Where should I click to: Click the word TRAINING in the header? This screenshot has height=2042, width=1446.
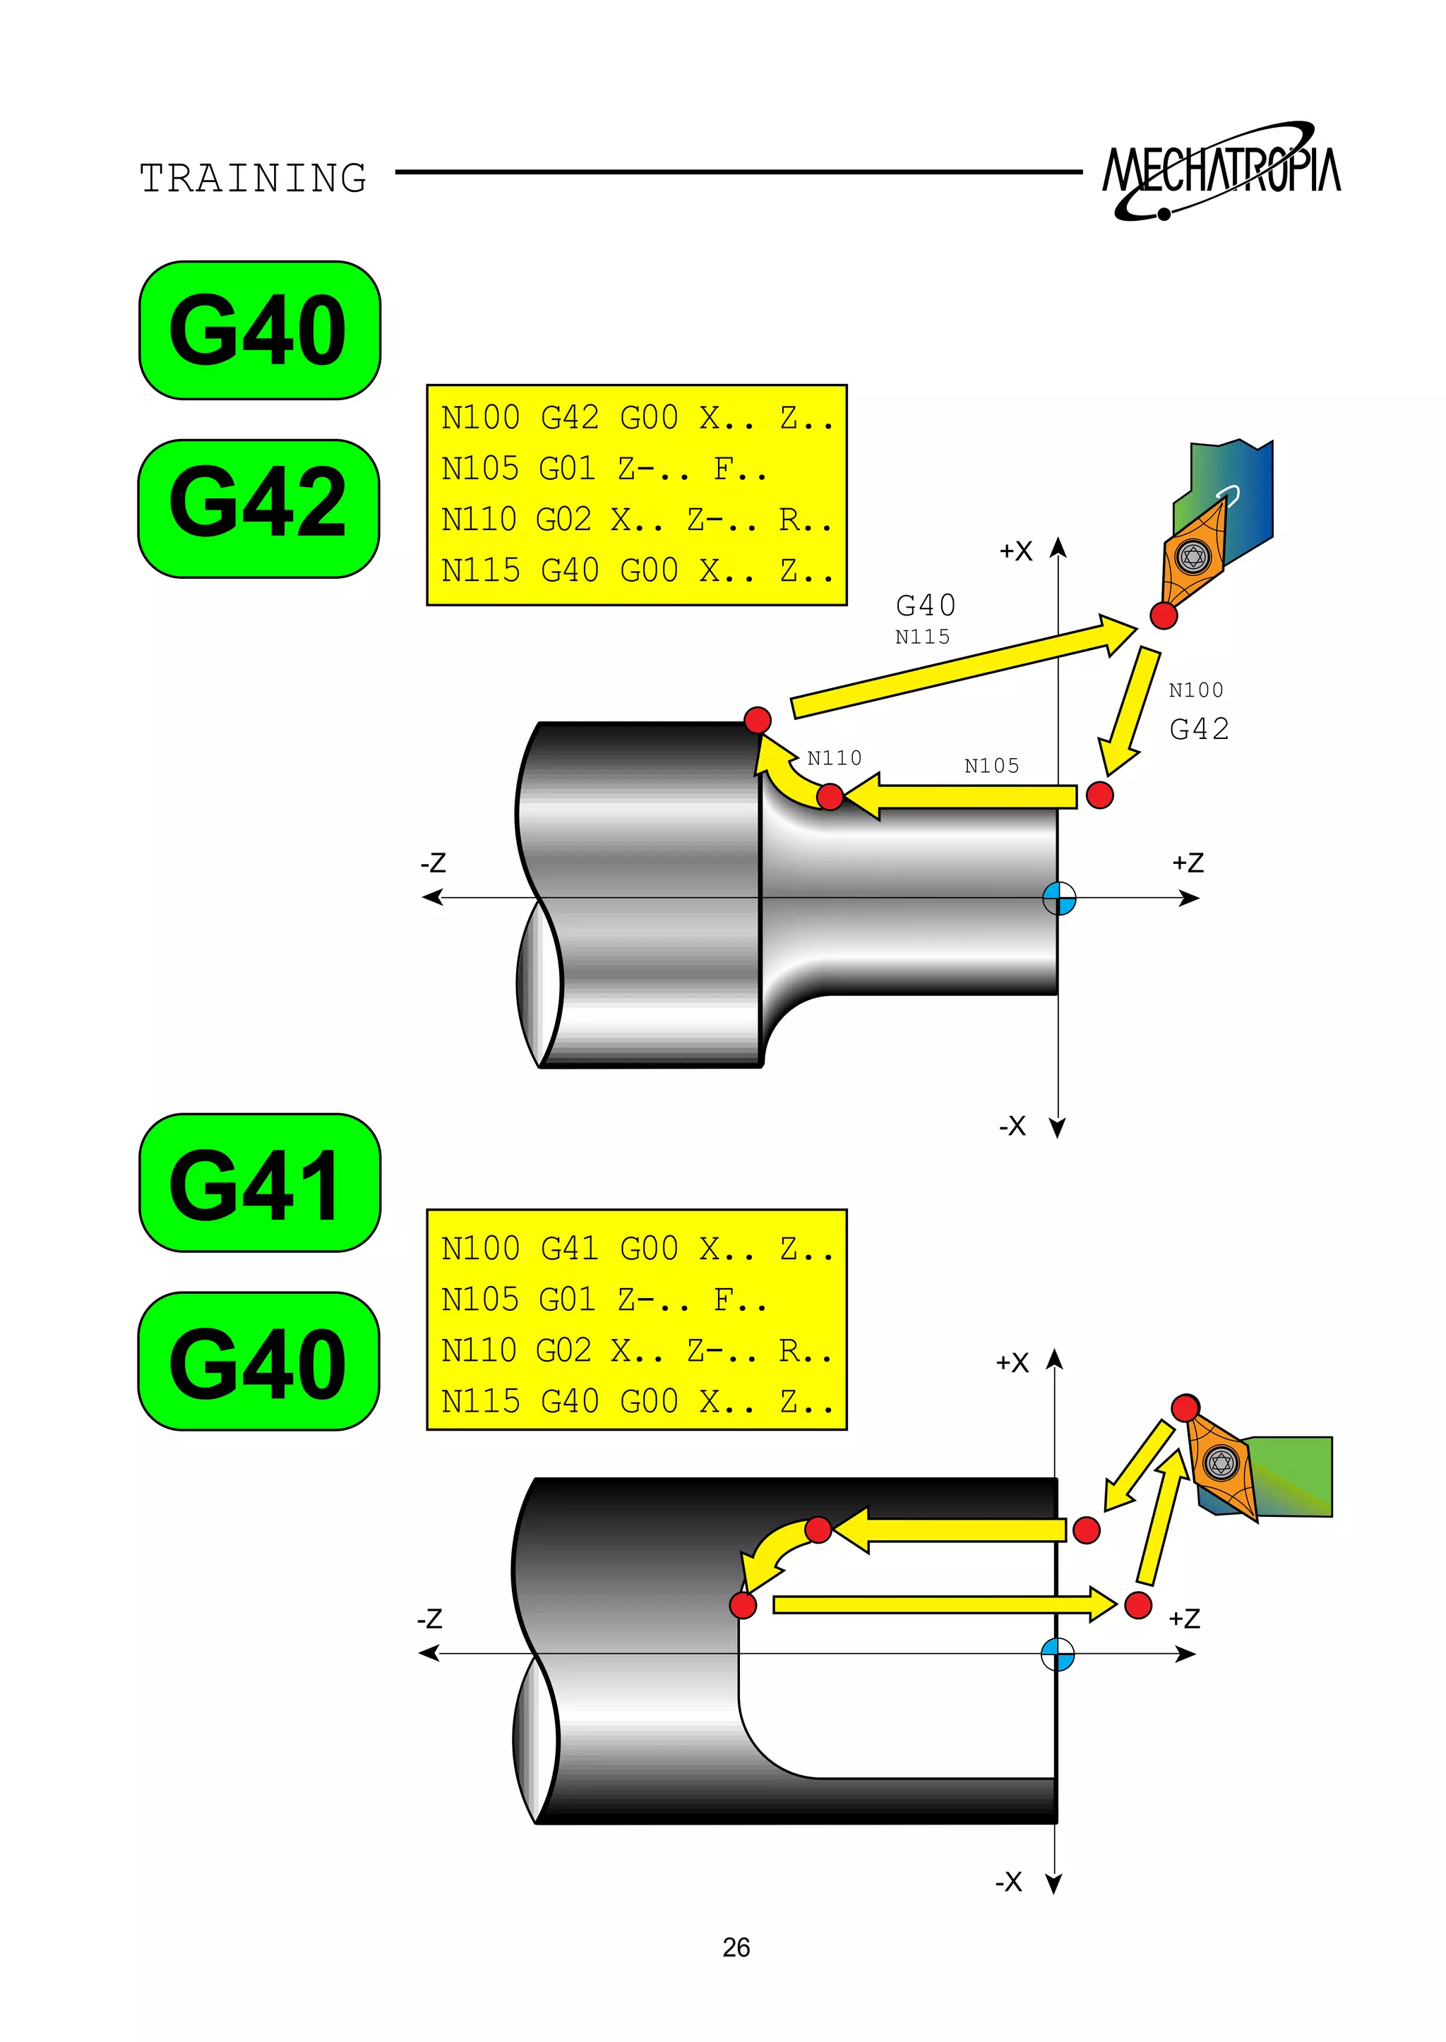pyautogui.click(x=253, y=178)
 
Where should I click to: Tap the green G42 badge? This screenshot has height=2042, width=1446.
pyautogui.click(x=258, y=508)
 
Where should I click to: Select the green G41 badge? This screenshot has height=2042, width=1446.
pyautogui.click(x=259, y=1183)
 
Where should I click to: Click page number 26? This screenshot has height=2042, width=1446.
pyautogui.click(x=736, y=1947)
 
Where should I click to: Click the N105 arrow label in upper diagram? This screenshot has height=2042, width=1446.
pyautogui.click(x=991, y=766)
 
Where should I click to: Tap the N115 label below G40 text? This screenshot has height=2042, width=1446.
pyautogui.click(x=921, y=637)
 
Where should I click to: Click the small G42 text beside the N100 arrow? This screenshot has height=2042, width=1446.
pyautogui.click(x=1198, y=729)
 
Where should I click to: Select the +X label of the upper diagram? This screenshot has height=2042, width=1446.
pyautogui.click(x=1016, y=551)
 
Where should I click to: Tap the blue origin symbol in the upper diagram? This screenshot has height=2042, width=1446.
pyautogui.click(x=1058, y=898)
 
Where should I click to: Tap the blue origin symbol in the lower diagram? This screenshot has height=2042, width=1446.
pyautogui.click(x=1057, y=1654)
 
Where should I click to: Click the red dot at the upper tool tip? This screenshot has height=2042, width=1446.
pyautogui.click(x=1163, y=615)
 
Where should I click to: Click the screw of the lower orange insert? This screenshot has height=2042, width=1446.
pyautogui.click(x=1221, y=1463)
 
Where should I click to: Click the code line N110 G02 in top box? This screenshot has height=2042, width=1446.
pyautogui.click(x=635, y=519)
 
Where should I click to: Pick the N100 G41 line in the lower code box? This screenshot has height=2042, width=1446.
pyautogui.click(x=635, y=1248)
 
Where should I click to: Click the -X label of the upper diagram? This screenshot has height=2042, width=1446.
pyautogui.click(x=1012, y=1126)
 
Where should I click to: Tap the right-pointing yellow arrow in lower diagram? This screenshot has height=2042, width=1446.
pyautogui.click(x=944, y=1604)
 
